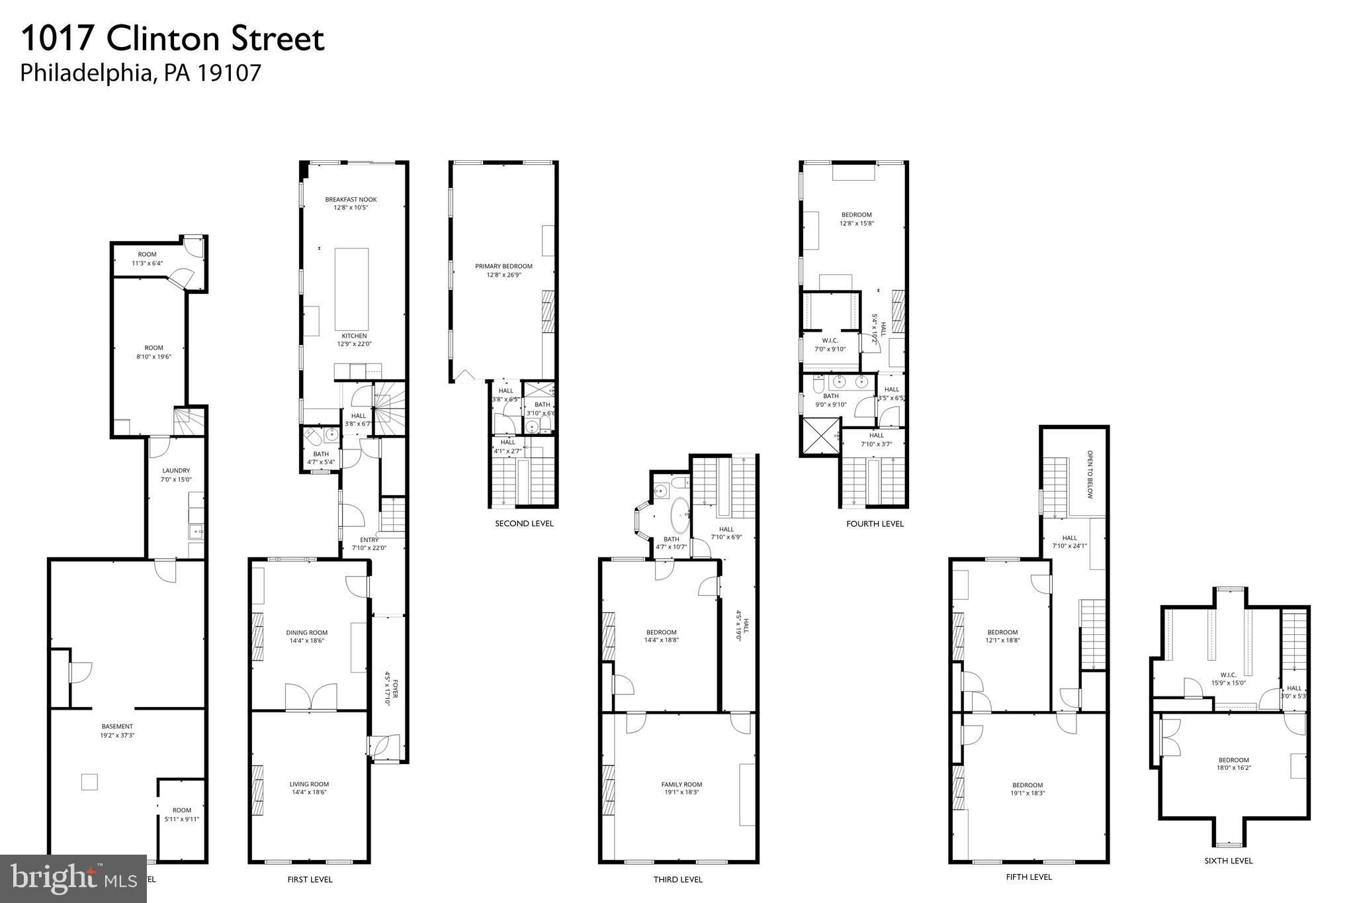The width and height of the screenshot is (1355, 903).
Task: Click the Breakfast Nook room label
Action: coord(351,200)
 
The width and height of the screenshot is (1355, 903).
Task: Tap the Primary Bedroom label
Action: coord(503,266)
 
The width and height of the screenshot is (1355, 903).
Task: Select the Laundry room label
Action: coord(176,471)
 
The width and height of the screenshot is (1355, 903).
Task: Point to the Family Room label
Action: coord(681,784)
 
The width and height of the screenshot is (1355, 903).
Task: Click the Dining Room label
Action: coord(307,632)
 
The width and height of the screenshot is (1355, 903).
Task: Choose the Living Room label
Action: coord(309,784)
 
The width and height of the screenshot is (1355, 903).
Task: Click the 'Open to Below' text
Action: coord(1090,475)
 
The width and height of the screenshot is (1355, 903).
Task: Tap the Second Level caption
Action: coord(524,524)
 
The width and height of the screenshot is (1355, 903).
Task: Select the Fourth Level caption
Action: coord(875,524)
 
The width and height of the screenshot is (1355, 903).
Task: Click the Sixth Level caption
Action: coord(1229,861)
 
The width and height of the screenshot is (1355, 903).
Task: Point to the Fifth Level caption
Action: coord(1028,877)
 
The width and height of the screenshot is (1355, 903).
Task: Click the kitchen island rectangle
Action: coord(351,289)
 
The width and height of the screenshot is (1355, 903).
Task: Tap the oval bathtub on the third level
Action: coord(679,516)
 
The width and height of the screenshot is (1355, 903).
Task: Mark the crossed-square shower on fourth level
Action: coord(820,436)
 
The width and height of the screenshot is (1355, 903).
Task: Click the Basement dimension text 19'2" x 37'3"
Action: coord(118,735)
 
